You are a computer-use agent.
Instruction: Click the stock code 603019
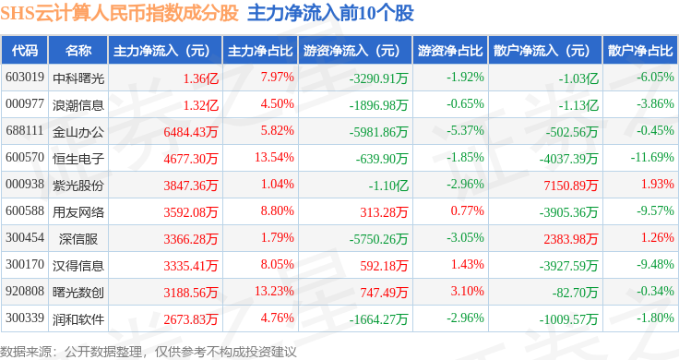(25, 78)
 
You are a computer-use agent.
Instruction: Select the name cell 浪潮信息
(78, 105)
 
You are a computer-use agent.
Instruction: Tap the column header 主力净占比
(260, 51)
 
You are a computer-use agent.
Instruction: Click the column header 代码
(25, 51)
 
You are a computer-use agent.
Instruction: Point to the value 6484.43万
(191, 132)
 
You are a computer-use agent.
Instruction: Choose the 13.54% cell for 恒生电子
(274, 157)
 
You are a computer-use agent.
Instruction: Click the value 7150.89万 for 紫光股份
(571, 186)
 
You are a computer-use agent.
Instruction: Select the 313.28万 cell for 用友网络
(384, 212)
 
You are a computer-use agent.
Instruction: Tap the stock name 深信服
(78, 239)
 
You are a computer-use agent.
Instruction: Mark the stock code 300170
(25, 264)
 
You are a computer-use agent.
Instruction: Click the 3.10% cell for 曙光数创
(467, 291)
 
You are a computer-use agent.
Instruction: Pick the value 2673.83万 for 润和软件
(191, 319)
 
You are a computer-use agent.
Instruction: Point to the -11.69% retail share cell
(652, 157)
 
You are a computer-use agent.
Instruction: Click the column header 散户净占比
(640, 51)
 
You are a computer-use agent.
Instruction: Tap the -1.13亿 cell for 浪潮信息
(578, 105)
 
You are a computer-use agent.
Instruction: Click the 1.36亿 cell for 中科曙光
(201, 78)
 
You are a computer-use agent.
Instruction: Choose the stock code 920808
(25, 291)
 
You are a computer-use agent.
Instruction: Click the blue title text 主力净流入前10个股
(331, 13)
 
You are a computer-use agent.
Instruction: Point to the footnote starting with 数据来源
(149, 352)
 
